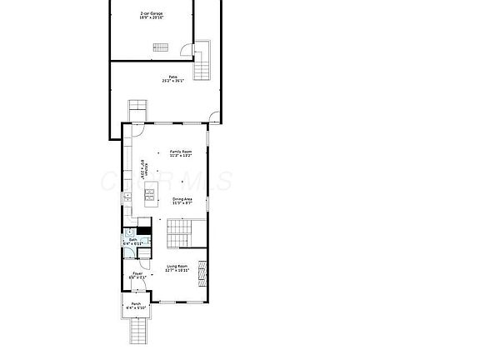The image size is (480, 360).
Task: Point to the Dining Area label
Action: (183, 201)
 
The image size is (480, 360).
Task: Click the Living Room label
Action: (177, 268)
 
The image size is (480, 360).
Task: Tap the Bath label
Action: (133, 242)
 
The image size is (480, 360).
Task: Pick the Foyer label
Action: (137, 276)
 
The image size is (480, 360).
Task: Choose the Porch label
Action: (136, 306)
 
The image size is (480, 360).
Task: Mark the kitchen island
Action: (150, 197)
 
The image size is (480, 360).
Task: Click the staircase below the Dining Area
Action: (180, 234)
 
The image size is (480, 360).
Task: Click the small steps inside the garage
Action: (160, 47)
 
